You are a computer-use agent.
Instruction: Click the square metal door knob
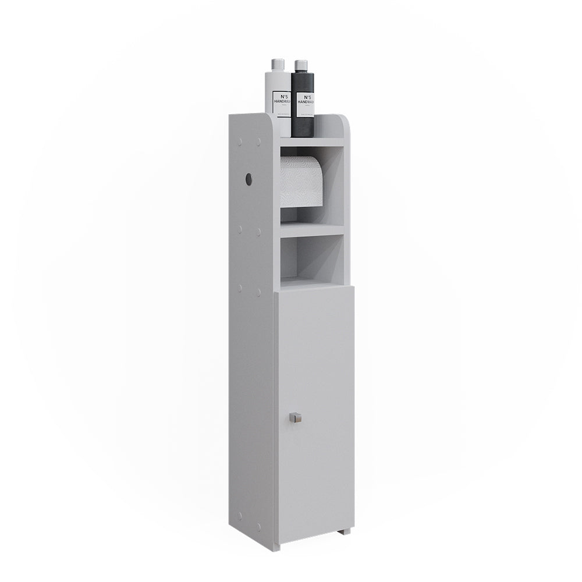tap(296, 417)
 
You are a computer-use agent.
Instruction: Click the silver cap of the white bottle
tap(277, 65)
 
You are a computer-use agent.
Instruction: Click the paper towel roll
tap(300, 181)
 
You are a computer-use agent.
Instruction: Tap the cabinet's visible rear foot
tap(345, 531)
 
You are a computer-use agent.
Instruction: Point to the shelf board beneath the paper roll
tap(312, 230)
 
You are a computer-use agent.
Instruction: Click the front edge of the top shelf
tap(312, 142)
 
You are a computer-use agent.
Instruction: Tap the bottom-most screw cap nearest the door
tap(258, 516)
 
